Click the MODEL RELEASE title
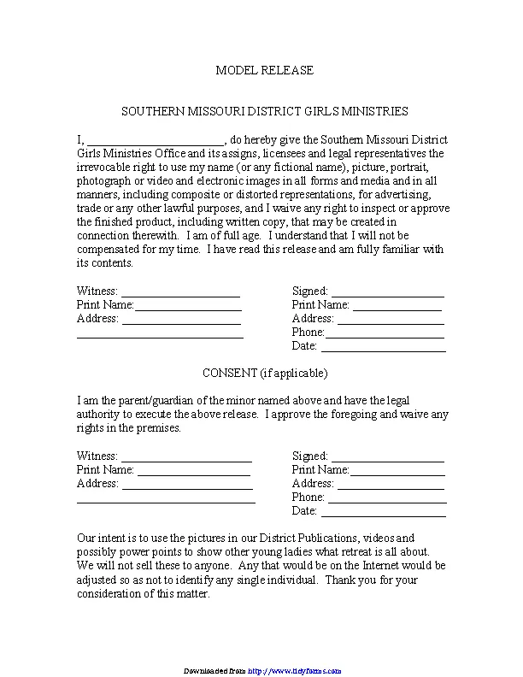[x=264, y=70]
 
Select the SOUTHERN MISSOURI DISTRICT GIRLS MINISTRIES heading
[x=264, y=111]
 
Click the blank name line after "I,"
[x=156, y=139]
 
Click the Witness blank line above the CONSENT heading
[x=180, y=291]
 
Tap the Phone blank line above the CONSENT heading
[x=385, y=333]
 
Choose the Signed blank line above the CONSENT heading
[x=388, y=291]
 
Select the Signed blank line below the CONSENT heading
[x=388, y=456]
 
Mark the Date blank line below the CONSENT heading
[x=383, y=511]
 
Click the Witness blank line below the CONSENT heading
[x=186, y=456]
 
